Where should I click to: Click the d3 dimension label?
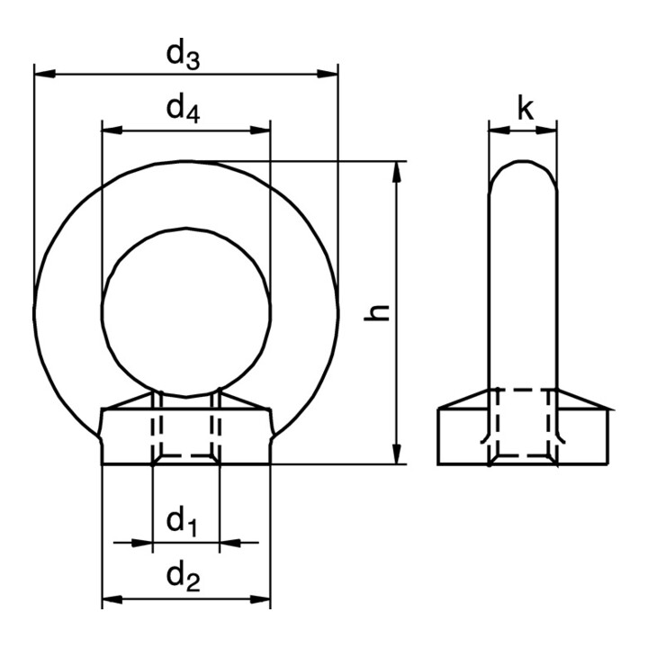[x=183, y=56]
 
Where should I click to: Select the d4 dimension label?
[x=183, y=110]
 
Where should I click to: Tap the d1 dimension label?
[x=181, y=522]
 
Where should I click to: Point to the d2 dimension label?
[x=183, y=577]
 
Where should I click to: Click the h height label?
[x=377, y=312]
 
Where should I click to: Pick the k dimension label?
[x=526, y=109]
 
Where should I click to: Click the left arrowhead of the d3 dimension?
[x=45, y=74]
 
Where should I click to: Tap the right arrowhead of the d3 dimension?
[x=328, y=74]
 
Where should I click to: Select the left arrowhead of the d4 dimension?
[x=112, y=130]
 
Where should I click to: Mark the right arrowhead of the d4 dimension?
[x=260, y=130]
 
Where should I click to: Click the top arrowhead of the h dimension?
[x=397, y=172]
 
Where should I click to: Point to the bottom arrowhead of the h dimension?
[x=397, y=454]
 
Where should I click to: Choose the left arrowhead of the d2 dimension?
[x=112, y=598]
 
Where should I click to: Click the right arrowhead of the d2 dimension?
[x=260, y=598]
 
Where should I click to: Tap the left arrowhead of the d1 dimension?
[x=142, y=543]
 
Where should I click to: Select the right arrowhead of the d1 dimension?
[x=230, y=543]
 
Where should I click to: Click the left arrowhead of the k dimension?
[x=499, y=130]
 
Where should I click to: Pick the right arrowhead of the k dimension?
[x=546, y=130]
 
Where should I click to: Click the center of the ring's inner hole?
[x=186, y=312]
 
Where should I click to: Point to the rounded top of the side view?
[x=523, y=161]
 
